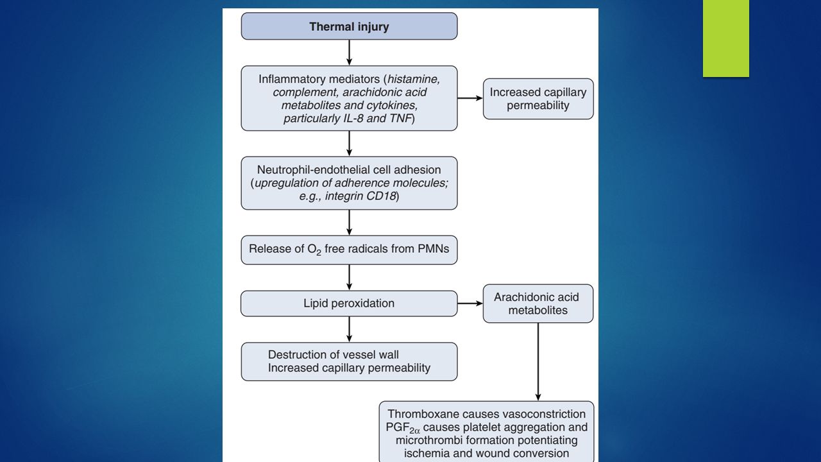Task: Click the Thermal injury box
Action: point(349,26)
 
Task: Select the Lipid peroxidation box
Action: point(349,304)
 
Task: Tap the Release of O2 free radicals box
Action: point(349,250)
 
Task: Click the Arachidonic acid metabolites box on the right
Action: point(538,304)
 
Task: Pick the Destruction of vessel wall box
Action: point(349,361)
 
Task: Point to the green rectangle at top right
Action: point(725,38)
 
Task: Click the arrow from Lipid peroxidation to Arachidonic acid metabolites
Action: point(470,304)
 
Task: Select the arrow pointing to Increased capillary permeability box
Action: point(470,98)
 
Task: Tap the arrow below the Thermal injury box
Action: point(349,53)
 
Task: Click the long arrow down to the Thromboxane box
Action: point(538,362)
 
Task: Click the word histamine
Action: point(414,79)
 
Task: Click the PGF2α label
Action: point(403,428)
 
